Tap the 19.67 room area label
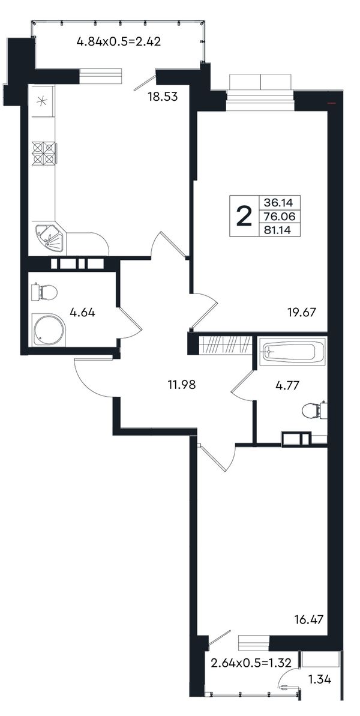pos(301,313)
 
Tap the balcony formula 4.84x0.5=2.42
pos(119,43)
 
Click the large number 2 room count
pos(244,216)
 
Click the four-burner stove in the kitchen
pos(44,153)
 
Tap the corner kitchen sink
pos(50,238)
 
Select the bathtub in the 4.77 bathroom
pos(292,352)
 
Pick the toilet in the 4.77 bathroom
pos(314,411)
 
